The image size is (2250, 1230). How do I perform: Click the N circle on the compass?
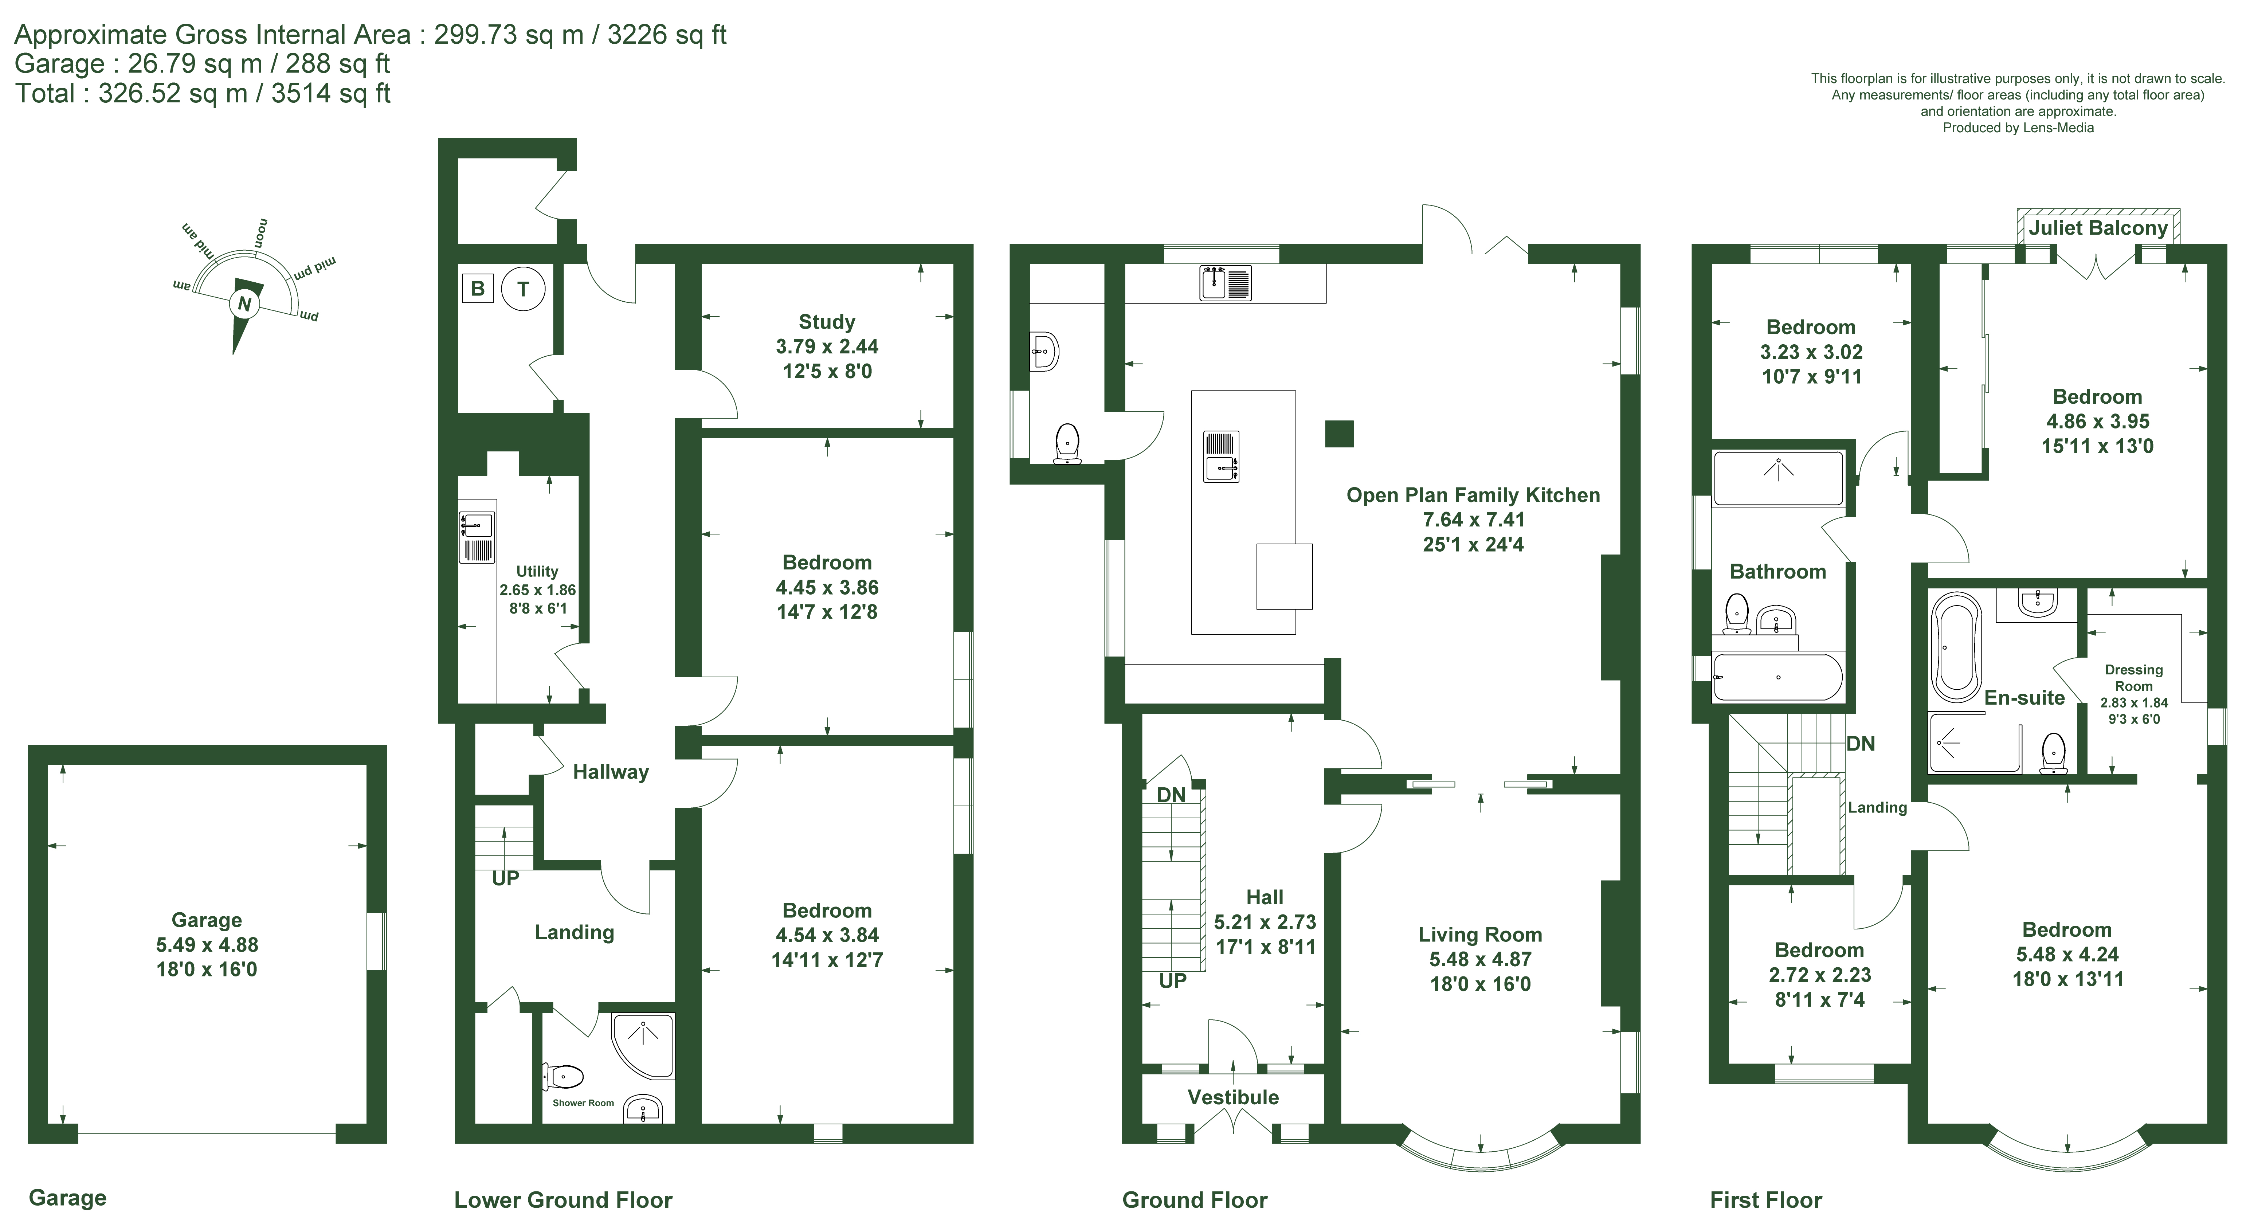pyautogui.click(x=244, y=304)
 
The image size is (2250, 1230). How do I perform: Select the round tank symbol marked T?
pyautogui.click(x=523, y=288)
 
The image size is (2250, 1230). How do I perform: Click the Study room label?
pyautogui.click(x=826, y=321)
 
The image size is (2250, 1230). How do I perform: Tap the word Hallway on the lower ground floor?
pyautogui.click(x=611, y=771)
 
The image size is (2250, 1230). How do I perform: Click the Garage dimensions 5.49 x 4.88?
pyautogui.click(x=207, y=944)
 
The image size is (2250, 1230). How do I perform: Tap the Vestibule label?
pyautogui.click(x=1232, y=1097)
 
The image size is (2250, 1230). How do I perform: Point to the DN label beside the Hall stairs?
pyautogui.click(x=1171, y=795)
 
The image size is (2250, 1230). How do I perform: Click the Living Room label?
pyautogui.click(x=1479, y=935)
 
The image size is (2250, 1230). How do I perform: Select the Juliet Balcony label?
pyautogui.click(x=2098, y=229)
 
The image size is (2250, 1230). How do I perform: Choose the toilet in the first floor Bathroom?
pyautogui.click(x=1736, y=613)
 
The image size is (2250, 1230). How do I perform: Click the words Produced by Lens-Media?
pyautogui.click(x=2018, y=128)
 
